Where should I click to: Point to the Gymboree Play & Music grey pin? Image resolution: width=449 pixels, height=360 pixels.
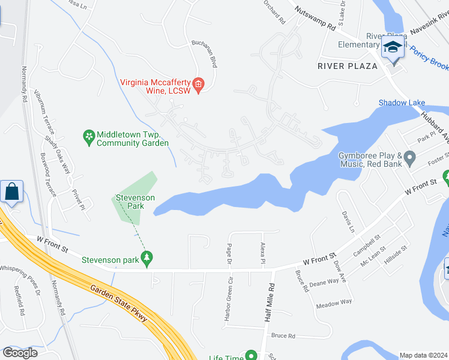tap(411, 158)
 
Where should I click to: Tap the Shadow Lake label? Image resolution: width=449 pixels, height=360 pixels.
tap(402, 103)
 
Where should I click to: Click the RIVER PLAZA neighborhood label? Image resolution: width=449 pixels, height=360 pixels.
tap(348, 65)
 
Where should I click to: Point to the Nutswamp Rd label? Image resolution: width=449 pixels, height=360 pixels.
tap(315, 19)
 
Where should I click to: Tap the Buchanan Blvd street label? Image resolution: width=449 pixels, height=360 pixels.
tap(203, 52)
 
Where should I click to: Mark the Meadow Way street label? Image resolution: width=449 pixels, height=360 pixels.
tap(334, 302)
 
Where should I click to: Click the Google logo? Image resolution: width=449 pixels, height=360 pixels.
tap(20, 353)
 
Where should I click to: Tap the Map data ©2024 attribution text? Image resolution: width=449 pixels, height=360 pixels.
tap(423, 355)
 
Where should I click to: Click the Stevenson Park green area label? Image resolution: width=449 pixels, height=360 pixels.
tap(136, 202)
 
